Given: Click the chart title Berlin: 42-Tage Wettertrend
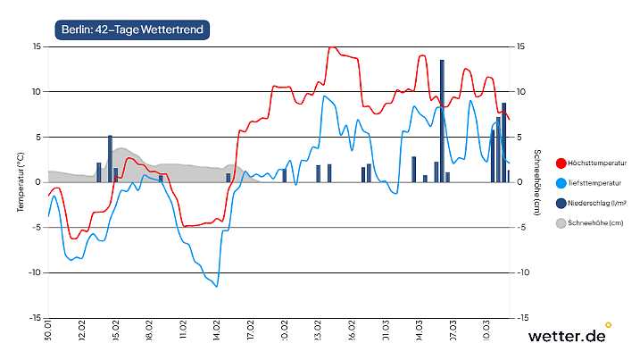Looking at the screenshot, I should [x=132, y=30].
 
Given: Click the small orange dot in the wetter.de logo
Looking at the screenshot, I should [x=608, y=324].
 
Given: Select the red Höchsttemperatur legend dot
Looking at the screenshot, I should [x=561, y=163].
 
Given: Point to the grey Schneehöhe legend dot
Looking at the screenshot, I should [x=561, y=222].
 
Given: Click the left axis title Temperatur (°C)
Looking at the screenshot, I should [x=21, y=181].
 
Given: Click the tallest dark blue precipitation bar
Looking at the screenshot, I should [x=442, y=121].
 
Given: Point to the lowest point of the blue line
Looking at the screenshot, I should [x=217, y=286].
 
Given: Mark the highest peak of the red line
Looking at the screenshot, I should [x=332, y=47].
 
